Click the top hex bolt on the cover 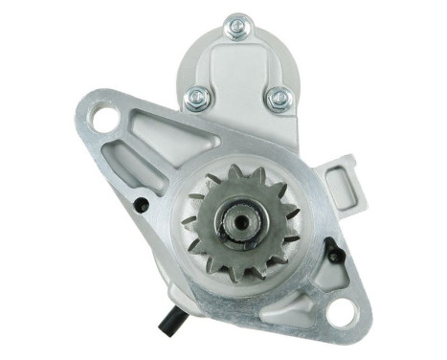point(236,29)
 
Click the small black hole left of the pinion point(143,203)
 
